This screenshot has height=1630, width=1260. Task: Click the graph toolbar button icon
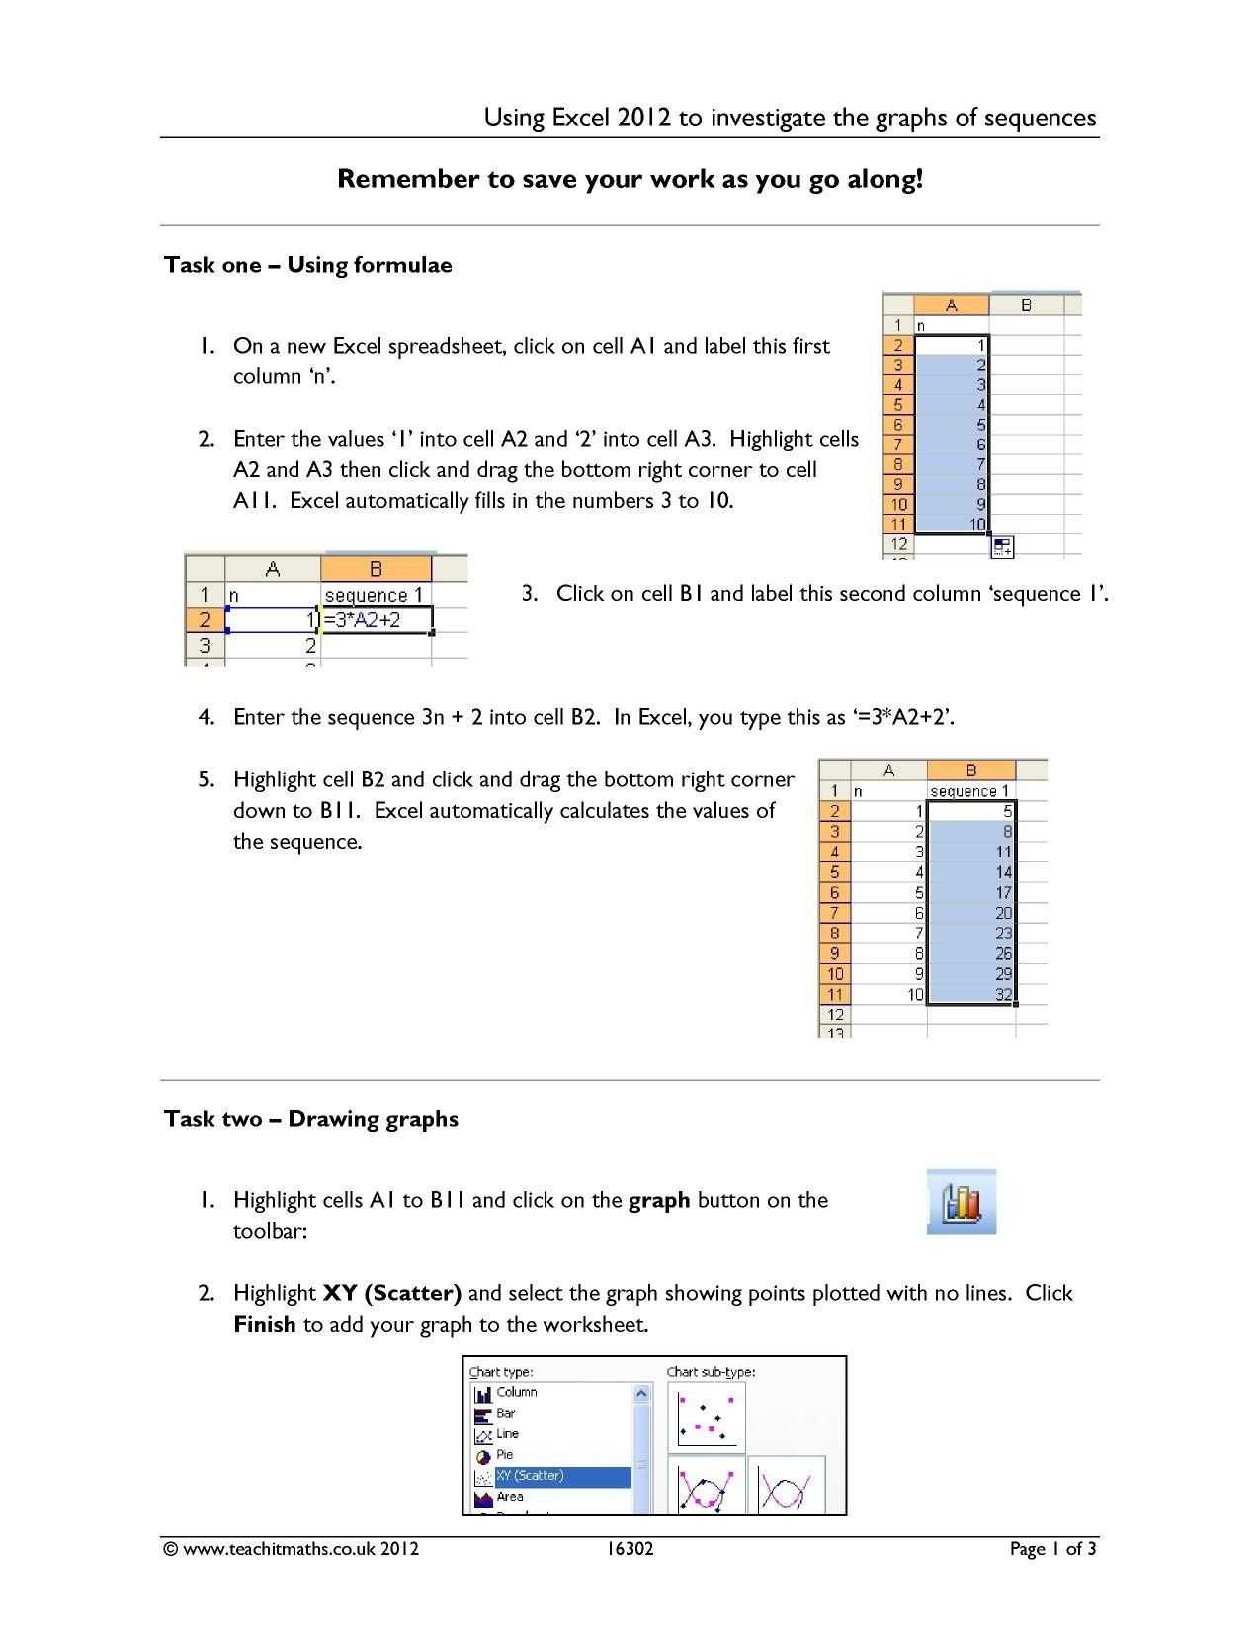962,1201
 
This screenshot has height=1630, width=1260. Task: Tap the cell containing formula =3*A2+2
376,620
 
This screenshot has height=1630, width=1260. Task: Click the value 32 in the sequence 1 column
1003,995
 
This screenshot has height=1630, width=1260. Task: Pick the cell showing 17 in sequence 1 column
1003,893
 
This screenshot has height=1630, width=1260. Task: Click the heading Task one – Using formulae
307,265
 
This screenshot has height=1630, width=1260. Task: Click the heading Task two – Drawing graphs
310,1119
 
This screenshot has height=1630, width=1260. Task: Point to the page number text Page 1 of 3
1052,1549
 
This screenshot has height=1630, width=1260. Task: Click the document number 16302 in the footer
630,1549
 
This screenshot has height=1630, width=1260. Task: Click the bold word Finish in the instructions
264,1325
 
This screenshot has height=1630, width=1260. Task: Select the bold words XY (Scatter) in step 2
392,1293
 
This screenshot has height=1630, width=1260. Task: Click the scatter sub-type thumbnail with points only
706,1418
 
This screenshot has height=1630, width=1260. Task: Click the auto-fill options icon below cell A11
1002,546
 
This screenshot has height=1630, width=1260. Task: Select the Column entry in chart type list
516,1393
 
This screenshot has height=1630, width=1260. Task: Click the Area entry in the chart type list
509,1497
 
